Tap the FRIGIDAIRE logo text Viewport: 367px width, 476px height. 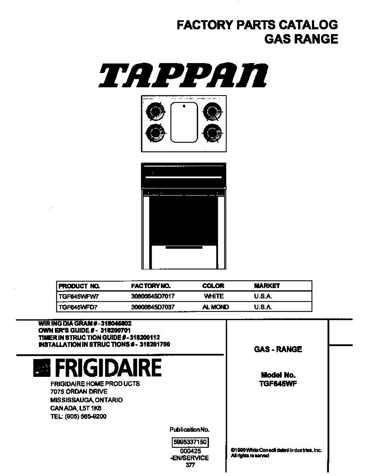click(108, 369)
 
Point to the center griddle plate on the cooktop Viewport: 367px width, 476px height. click(184, 122)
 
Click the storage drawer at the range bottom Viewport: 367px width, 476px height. click(184, 258)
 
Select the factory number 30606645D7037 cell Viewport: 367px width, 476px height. click(153, 307)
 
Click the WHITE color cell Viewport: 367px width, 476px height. click(213, 296)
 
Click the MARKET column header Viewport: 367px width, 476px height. click(267, 286)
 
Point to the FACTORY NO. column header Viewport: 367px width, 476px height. click(151, 286)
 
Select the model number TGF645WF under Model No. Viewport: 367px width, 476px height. click(278, 383)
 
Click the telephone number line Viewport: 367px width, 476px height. click(78, 416)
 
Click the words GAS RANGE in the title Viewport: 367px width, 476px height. click(301, 39)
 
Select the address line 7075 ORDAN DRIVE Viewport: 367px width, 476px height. click(79, 392)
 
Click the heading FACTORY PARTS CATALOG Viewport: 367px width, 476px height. click(257, 25)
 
